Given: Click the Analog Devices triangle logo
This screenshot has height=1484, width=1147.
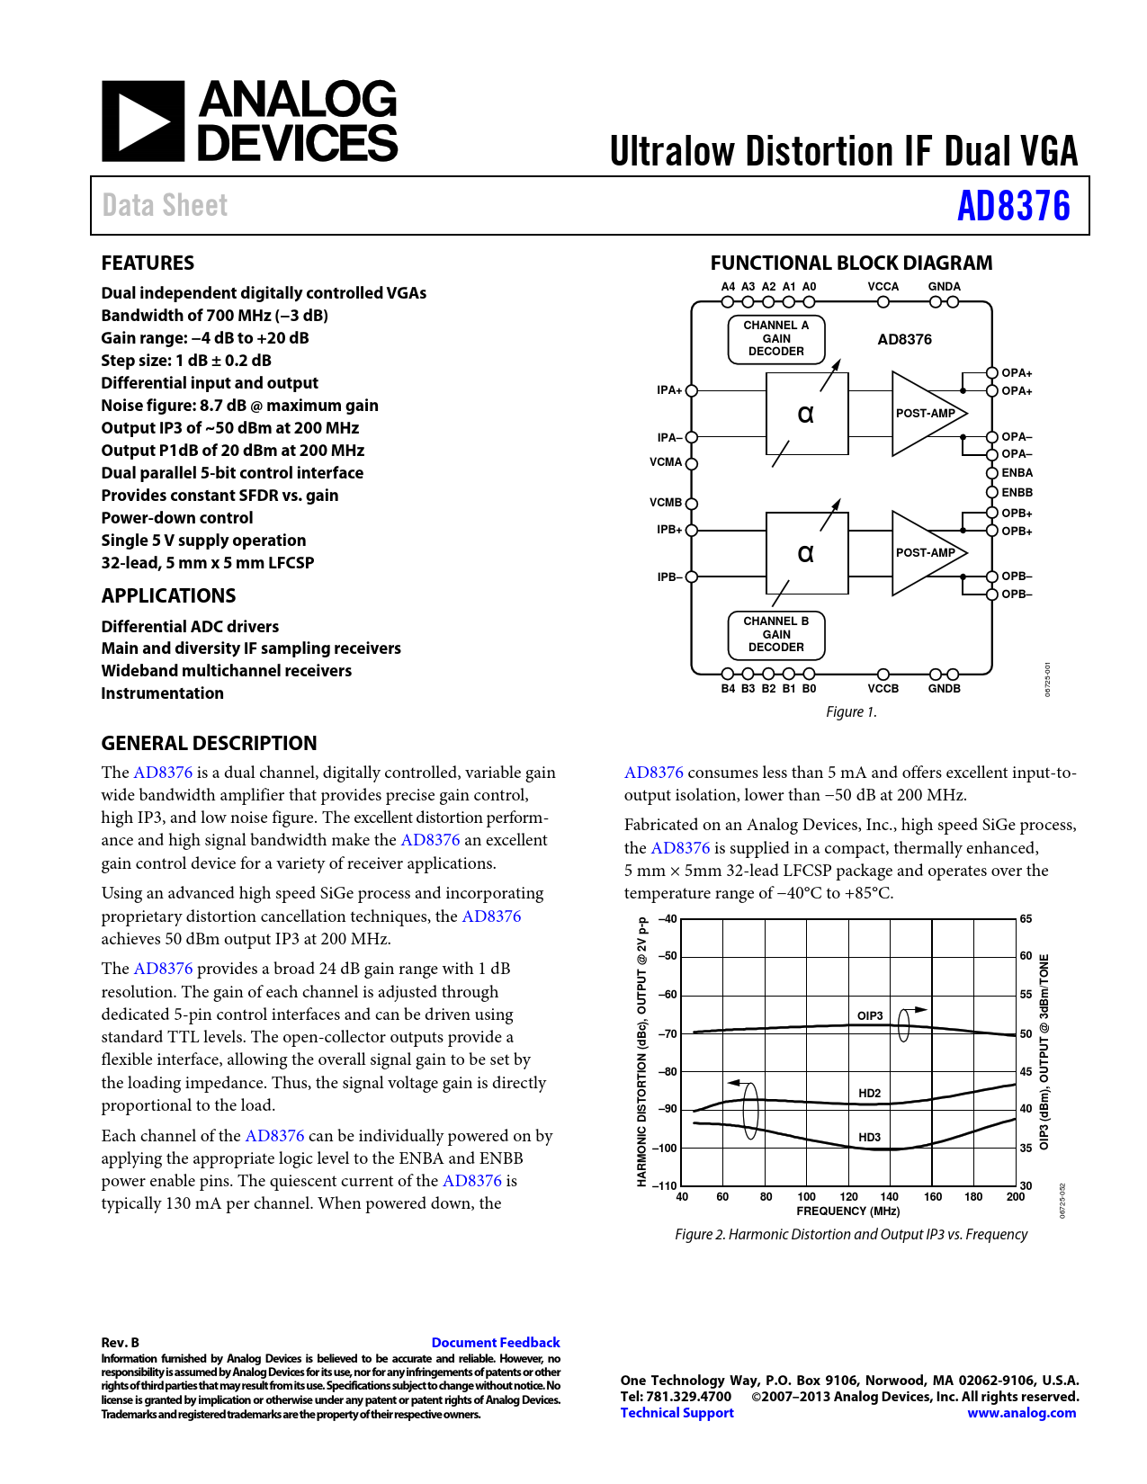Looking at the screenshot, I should tap(143, 121).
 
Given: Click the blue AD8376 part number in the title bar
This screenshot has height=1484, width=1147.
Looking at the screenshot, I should tap(1013, 206).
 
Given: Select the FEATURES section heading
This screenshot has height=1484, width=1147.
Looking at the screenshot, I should tap(148, 263).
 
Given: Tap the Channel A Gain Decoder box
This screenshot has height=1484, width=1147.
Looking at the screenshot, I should tap(775, 338).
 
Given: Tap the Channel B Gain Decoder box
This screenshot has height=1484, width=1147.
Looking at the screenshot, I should tap(775, 634).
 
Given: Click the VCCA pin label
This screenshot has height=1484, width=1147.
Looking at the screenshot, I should tap(883, 287).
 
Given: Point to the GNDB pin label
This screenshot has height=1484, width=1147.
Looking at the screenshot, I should tap(944, 689).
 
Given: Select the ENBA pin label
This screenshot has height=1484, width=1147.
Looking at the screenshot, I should tap(1017, 473).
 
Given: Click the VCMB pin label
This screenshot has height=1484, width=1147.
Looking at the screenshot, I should tap(666, 503).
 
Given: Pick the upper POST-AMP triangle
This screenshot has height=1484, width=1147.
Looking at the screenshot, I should tap(924, 414).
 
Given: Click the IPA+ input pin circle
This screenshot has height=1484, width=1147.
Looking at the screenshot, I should tap(692, 390).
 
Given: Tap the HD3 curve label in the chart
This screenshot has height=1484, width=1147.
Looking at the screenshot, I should tap(869, 1137).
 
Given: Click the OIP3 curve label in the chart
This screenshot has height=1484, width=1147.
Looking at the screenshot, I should tap(869, 1015).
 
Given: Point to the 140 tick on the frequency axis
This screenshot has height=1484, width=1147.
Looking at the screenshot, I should tap(889, 1197).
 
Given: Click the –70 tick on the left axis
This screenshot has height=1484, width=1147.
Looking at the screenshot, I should tap(667, 1034).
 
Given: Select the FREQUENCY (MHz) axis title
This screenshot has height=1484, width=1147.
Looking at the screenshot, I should tap(847, 1211).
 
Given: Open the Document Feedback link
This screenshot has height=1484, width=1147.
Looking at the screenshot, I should tap(495, 1343).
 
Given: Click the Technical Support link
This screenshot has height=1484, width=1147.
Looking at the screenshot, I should tap(677, 1413).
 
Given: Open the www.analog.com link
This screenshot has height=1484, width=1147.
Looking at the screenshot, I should tap(1021, 1413).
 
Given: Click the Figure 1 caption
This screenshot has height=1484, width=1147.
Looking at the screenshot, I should tap(851, 712).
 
